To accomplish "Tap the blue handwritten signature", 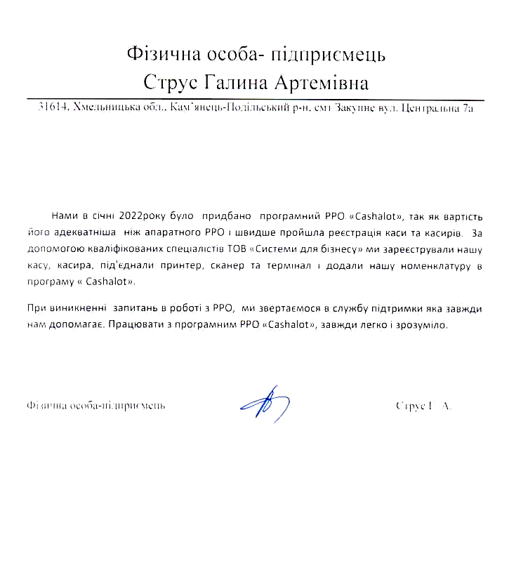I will [x=263, y=403].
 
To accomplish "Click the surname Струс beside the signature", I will [x=408, y=406].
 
